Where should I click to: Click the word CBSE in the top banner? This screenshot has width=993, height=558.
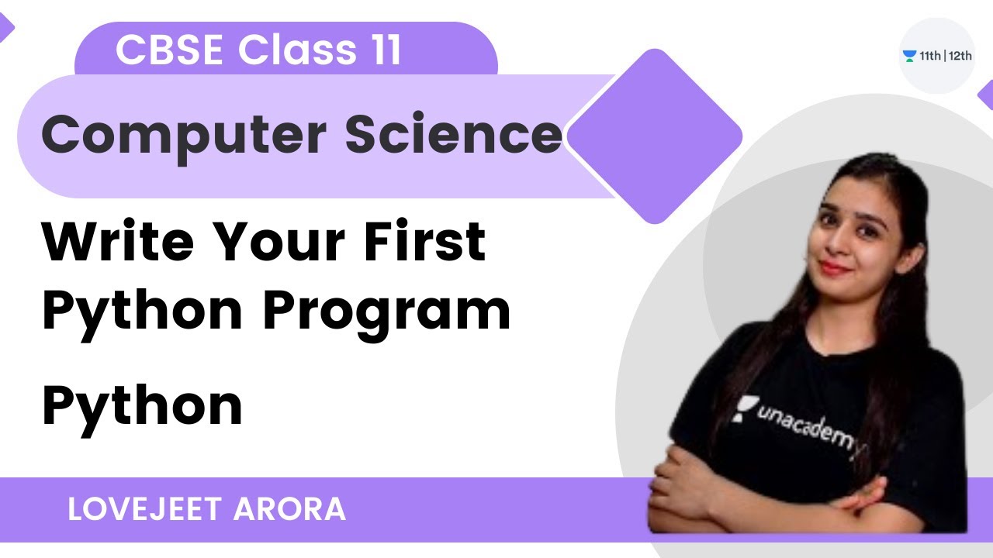(170, 50)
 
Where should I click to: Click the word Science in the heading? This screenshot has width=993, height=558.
(453, 135)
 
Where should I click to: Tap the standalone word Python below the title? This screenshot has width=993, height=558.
(142, 406)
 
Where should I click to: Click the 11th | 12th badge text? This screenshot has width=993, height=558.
(946, 56)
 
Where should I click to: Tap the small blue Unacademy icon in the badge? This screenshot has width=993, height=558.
(909, 56)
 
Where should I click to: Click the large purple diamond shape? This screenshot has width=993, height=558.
(656, 136)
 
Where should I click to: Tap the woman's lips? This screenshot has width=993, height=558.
(835, 267)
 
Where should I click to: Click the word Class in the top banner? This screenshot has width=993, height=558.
(286, 50)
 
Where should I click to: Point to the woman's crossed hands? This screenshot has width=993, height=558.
(776, 496)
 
